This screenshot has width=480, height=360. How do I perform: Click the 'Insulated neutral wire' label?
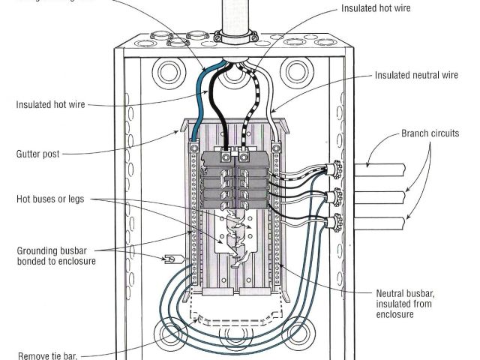tap(417, 75)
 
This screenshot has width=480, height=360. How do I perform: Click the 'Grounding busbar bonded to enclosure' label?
tap(55, 255)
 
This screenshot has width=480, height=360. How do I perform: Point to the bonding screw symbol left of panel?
tap(170, 259)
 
